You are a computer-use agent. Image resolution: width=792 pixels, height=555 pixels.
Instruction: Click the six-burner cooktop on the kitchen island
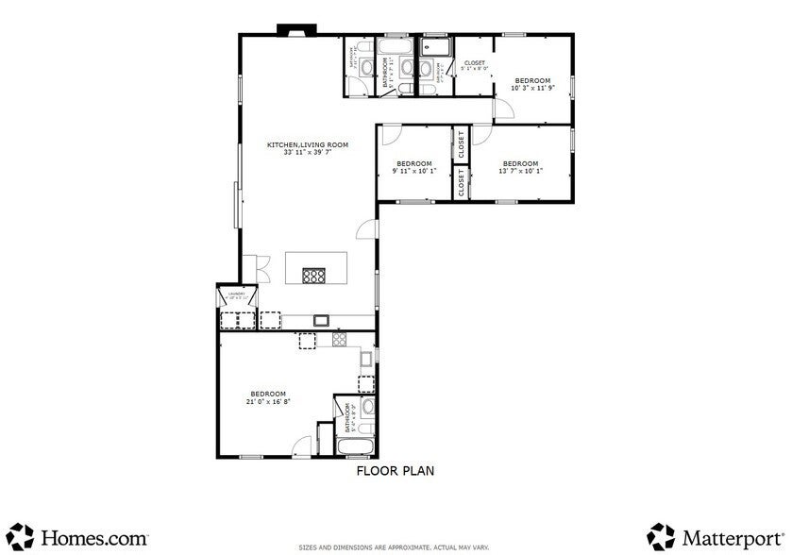[x=314, y=277]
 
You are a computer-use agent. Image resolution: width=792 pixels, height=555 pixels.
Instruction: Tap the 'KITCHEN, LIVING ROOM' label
[x=308, y=145]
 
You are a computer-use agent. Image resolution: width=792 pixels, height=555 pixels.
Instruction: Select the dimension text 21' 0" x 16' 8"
[x=268, y=401]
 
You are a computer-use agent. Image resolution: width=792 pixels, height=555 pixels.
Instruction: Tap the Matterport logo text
[x=733, y=537]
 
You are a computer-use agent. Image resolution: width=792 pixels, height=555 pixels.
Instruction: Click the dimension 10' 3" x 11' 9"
[x=532, y=88]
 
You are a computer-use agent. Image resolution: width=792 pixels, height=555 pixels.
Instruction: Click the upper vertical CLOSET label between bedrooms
[x=461, y=145]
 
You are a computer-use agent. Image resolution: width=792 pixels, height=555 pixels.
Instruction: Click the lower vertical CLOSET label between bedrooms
[x=461, y=183]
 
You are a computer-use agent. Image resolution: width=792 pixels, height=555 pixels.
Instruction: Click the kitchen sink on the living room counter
[x=321, y=321]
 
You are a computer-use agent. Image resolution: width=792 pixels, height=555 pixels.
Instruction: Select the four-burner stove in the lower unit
[x=337, y=337]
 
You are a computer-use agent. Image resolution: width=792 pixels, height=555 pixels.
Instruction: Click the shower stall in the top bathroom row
[x=437, y=45]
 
